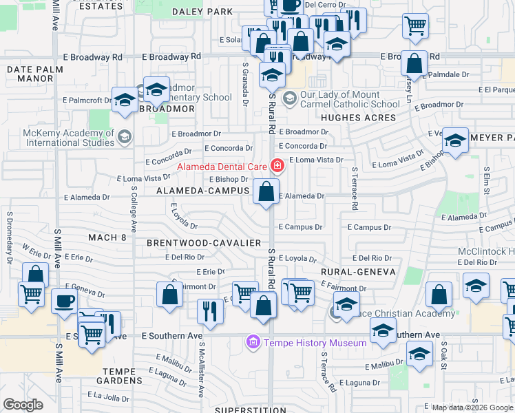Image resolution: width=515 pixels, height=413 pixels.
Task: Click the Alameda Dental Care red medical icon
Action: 277,165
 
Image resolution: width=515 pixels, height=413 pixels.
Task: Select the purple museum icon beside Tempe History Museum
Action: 253,342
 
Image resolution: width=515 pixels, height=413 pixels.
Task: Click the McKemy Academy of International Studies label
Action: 59,138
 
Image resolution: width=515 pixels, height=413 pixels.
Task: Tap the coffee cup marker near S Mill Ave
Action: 65,301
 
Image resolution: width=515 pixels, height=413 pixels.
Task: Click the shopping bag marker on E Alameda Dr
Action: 266,191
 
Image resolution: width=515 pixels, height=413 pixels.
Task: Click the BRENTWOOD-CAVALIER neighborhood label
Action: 204,243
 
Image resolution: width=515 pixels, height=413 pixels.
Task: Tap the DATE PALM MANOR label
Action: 30,74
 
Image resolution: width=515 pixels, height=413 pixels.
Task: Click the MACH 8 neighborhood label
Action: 107,237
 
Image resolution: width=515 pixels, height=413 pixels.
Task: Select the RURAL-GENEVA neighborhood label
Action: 358,272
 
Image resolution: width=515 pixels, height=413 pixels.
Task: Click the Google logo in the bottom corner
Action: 23,405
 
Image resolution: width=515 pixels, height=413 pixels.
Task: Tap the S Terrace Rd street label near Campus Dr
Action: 355,189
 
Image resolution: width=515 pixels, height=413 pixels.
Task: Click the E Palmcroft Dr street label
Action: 87,100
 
